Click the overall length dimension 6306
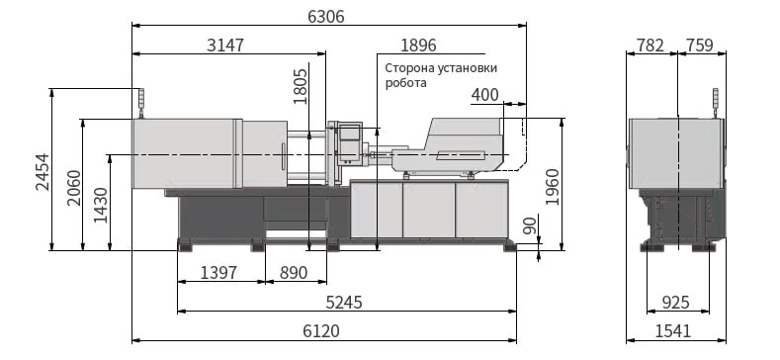point(326,17)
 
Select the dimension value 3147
point(225,45)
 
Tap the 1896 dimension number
point(418,45)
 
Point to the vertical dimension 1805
point(301,86)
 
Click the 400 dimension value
point(485,95)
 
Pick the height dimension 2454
point(43,172)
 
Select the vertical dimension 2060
point(74,188)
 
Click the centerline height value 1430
point(101,205)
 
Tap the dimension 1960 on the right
point(553,187)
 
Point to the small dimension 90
point(530,226)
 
